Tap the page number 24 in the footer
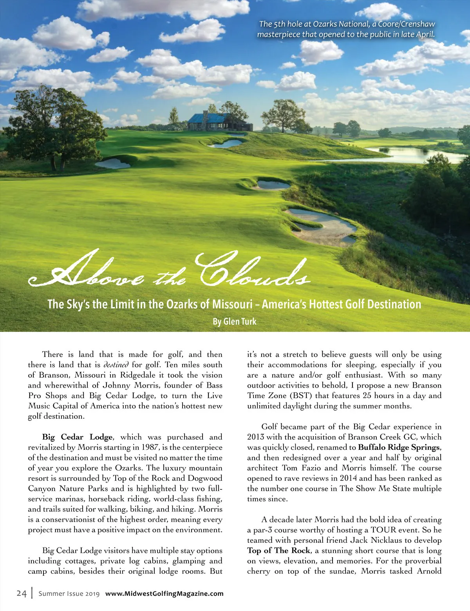[x=22, y=593]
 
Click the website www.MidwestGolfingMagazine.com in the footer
[x=164, y=593]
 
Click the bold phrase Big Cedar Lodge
[x=77, y=437]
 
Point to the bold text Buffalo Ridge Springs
[x=399, y=447]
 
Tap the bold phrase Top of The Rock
[x=278, y=550]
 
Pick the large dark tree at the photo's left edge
[x=55, y=125]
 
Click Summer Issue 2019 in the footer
[x=69, y=594]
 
